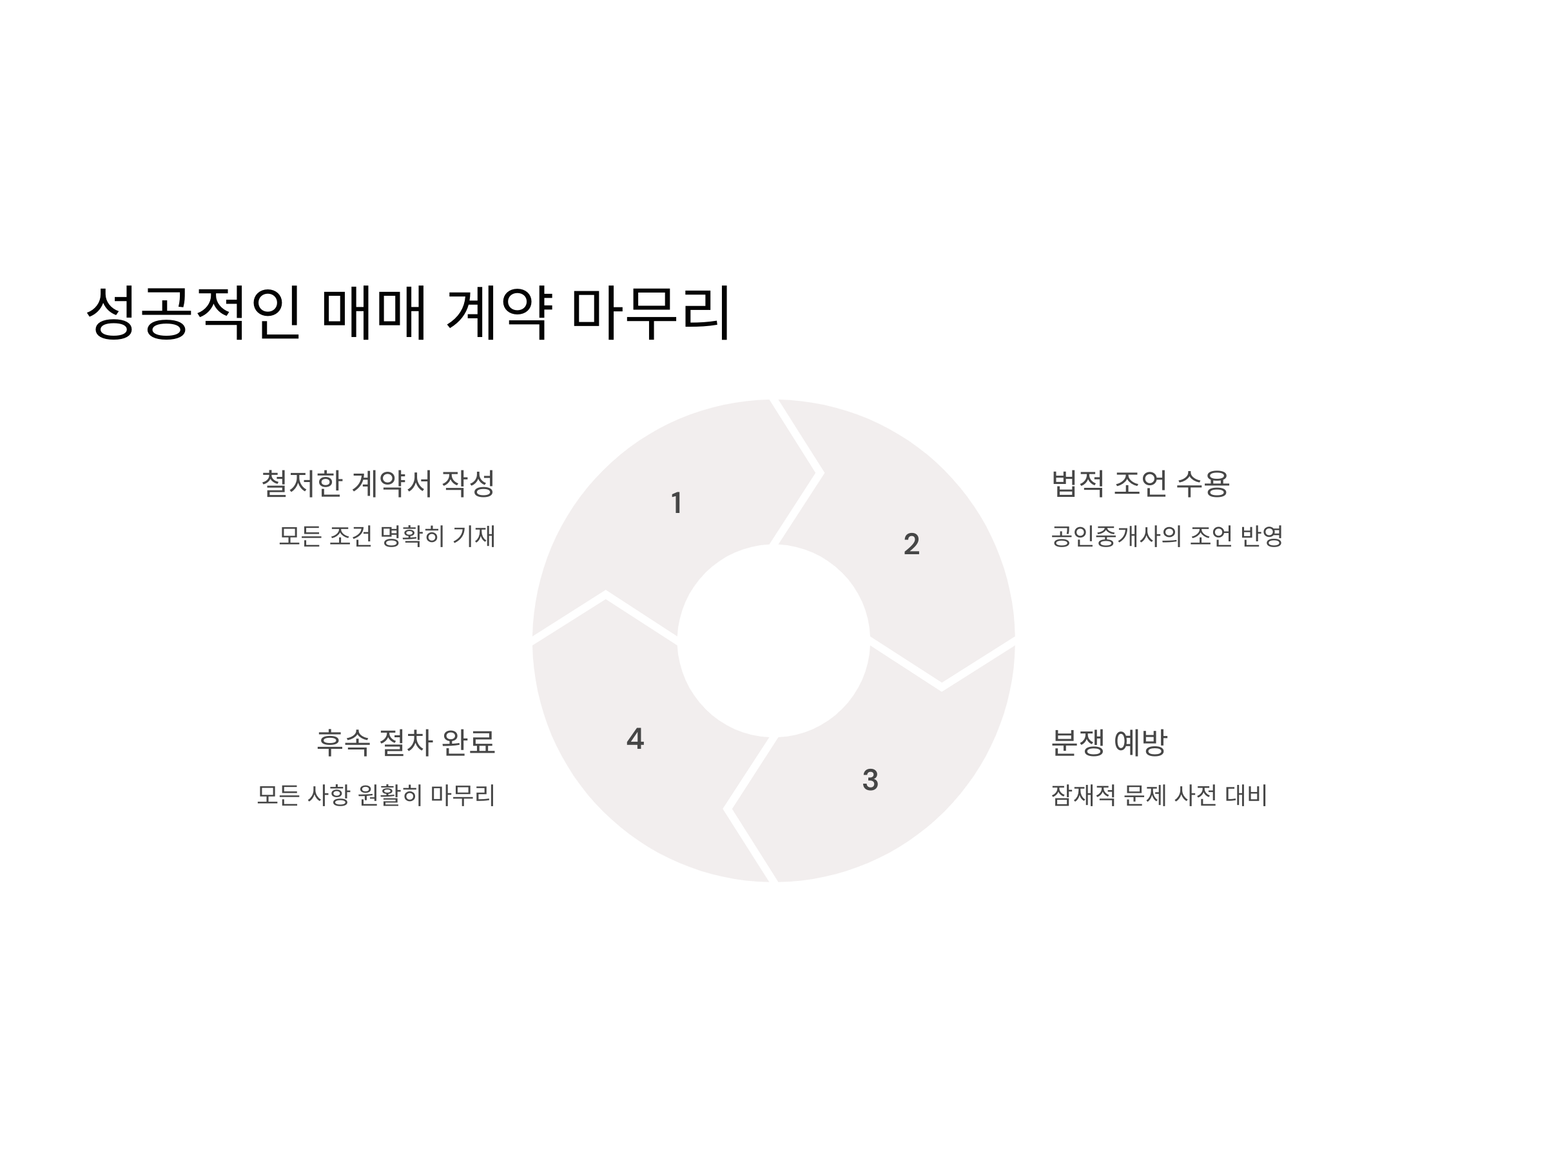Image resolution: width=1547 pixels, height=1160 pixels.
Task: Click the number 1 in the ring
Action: [676, 503]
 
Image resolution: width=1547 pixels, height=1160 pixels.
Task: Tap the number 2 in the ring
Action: [911, 544]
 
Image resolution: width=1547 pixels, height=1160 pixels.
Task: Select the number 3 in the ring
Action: [870, 780]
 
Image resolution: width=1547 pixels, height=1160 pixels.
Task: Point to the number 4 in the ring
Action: [635, 739]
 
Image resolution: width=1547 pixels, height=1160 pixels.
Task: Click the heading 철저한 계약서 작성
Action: [378, 484]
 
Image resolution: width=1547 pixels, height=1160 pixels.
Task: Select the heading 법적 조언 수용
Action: [1140, 484]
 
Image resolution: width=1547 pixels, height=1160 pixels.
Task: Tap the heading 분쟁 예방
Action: [1109, 742]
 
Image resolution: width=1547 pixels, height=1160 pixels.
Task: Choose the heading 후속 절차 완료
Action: [405, 742]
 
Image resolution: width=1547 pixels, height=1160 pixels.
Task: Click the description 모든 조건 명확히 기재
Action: [387, 536]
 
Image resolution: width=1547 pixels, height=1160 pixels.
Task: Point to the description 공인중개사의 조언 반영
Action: [1167, 536]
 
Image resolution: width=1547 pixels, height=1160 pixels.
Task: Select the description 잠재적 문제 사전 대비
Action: [1159, 795]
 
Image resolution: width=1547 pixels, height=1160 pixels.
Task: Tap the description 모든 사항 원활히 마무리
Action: [376, 795]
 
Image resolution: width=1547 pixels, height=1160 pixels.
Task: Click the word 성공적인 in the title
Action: [194, 312]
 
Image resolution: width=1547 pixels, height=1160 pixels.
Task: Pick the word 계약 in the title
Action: [500, 312]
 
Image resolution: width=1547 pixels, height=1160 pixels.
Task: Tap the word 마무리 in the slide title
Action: [651, 312]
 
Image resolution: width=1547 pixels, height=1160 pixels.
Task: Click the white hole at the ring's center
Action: [773, 641]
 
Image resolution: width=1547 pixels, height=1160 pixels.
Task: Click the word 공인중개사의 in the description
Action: [1116, 536]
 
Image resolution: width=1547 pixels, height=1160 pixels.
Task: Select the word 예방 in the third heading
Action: [1140, 742]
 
